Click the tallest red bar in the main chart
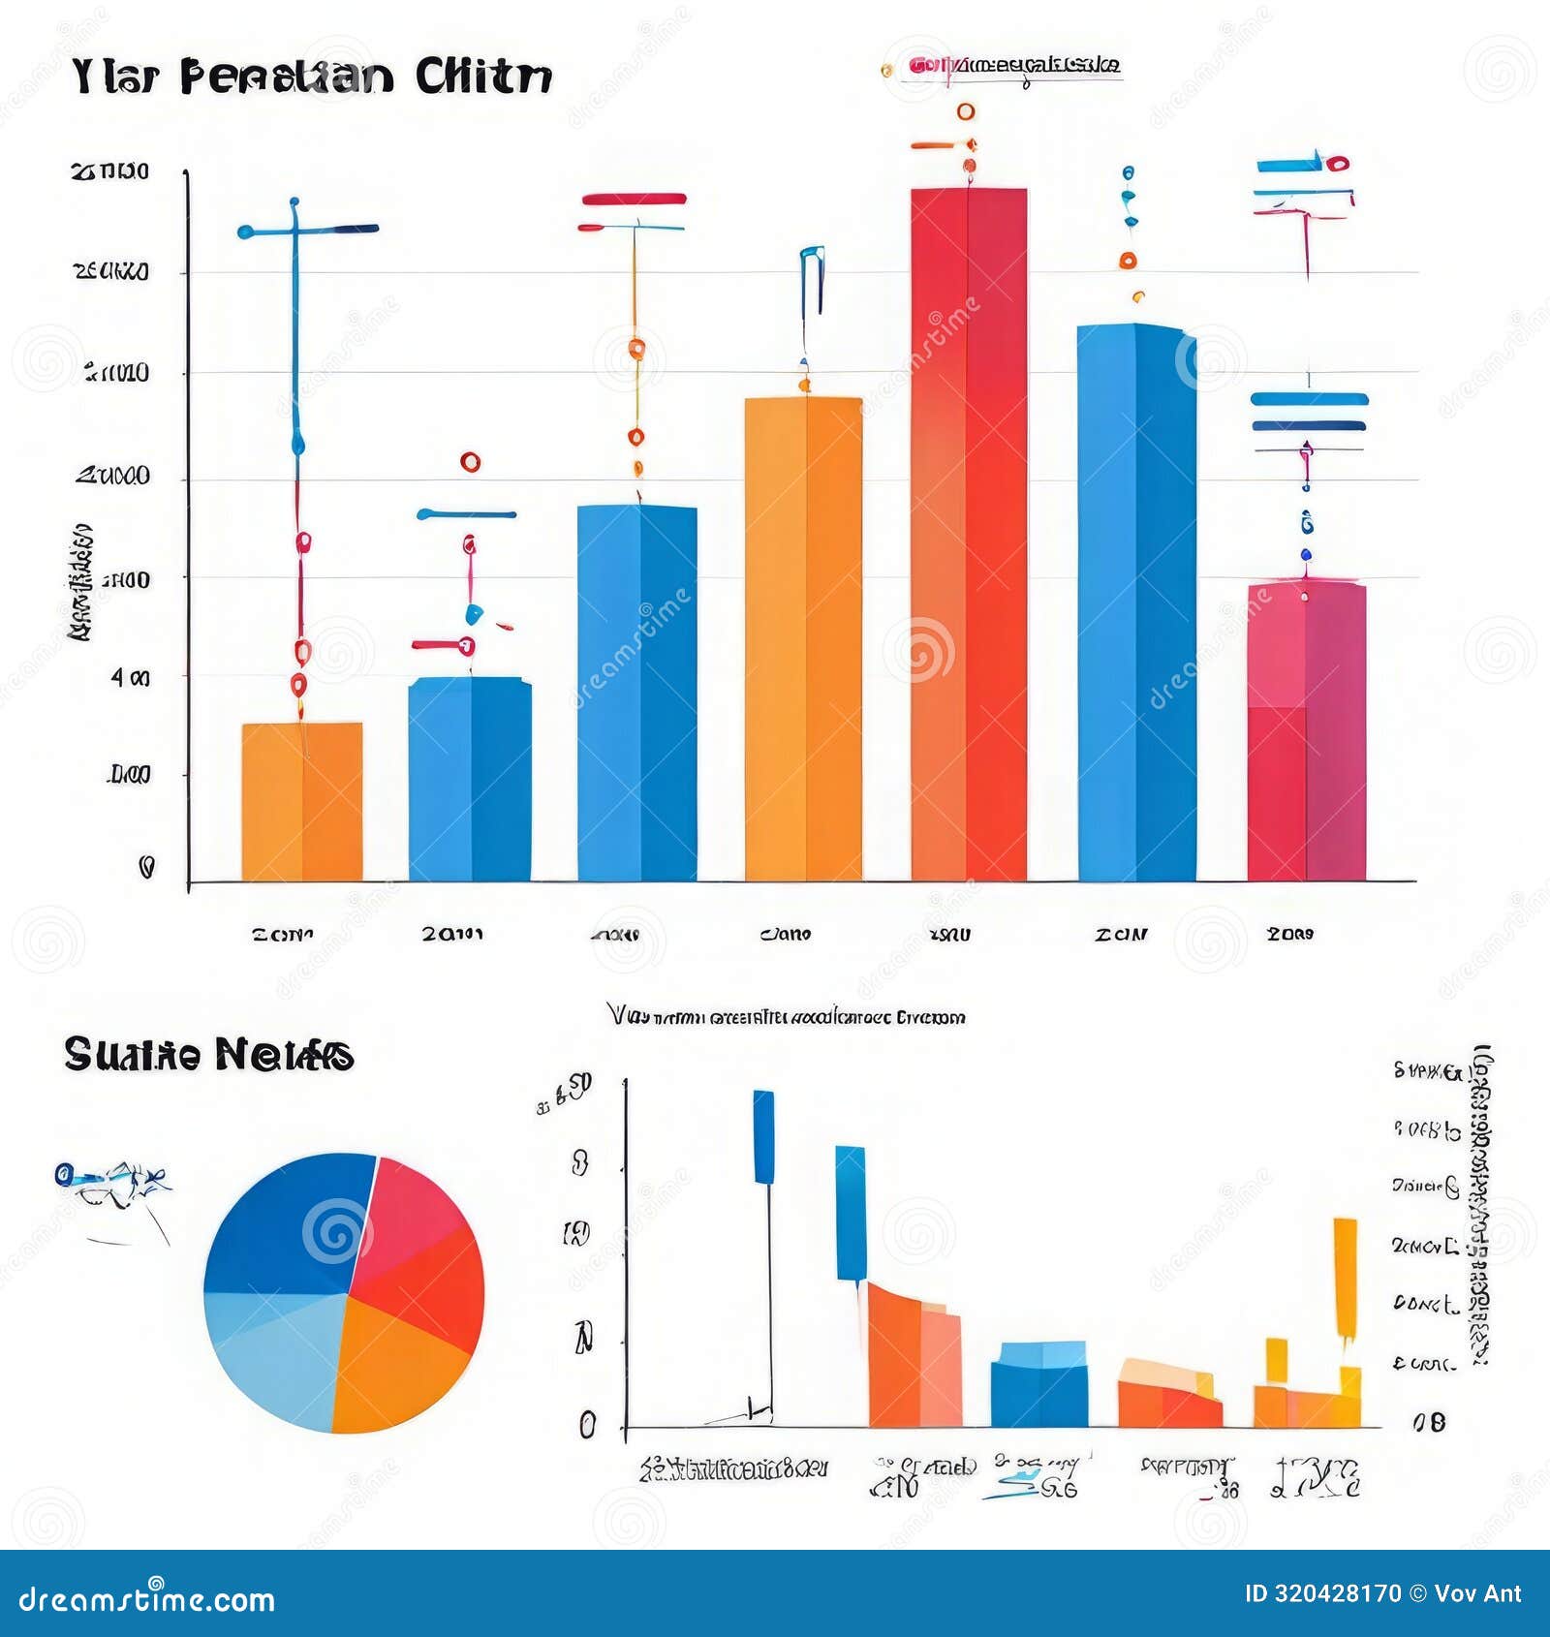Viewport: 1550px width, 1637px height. click(x=968, y=533)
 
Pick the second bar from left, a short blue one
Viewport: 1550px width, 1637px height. click(x=470, y=780)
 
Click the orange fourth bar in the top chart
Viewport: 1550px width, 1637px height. click(x=803, y=639)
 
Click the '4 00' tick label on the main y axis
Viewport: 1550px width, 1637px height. click(x=131, y=678)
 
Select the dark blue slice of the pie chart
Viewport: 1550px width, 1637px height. click(x=286, y=1225)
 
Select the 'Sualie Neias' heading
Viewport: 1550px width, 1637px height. click(x=208, y=1054)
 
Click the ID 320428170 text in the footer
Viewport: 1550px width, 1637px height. click(x=1322, y=1593)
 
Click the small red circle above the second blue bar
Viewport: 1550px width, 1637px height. click(x=471, y=462)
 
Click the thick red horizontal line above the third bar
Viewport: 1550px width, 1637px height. click(x=635, y=200)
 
